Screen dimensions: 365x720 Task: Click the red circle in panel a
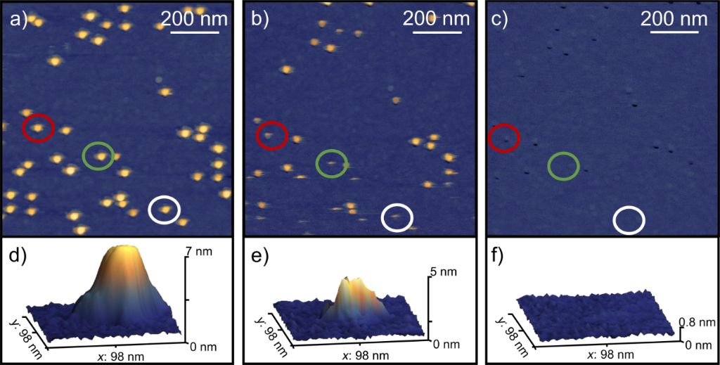pos(39,127)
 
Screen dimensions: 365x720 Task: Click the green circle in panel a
pos(98,155)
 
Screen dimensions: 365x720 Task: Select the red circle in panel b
pos(271,136)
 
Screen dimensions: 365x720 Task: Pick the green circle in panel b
pos(332,163)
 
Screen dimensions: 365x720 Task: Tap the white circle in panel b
pos(397,217)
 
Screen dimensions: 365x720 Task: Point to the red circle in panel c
pos(504,138)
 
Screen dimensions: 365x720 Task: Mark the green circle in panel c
pos(563,166)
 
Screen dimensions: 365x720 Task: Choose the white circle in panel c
pos(629,219)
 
